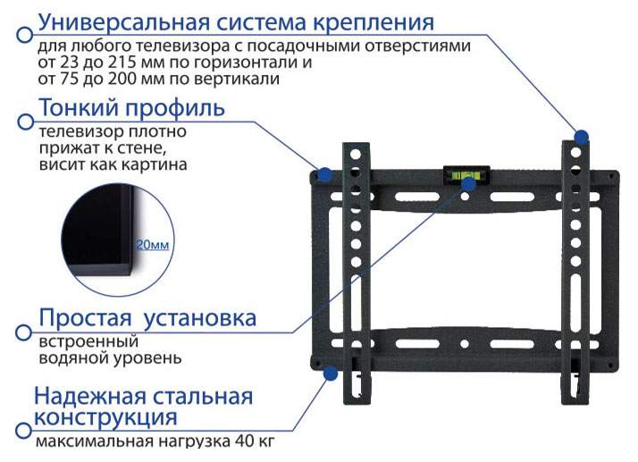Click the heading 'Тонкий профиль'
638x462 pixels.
click(x=132, y=108)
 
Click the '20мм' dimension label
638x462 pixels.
click(x=152, y=245)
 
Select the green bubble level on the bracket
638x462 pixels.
click(x=466, y=175)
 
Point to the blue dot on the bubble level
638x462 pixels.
click(x=469, y=184)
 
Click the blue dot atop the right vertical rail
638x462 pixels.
click(x=582, y=137)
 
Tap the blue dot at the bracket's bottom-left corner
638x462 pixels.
click(x=331, y=374)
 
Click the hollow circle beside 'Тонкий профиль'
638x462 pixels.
click(x=26, y=122)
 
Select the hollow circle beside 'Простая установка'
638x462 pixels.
click(x=23, y=332)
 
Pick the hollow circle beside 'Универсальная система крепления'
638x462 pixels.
click(x=25, y=34)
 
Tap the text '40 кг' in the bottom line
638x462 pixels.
click(x=255, y=441)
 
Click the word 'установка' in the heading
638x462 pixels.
click(x=200, y=318)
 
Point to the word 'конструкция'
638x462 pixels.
click(x=105, y=417)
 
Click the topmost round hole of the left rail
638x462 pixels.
click(x=356, y=155)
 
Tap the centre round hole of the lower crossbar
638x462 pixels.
click(x=465, y=344)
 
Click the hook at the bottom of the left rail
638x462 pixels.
click(x=357, y=384)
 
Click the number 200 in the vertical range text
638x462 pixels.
click(x=121, y=79)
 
